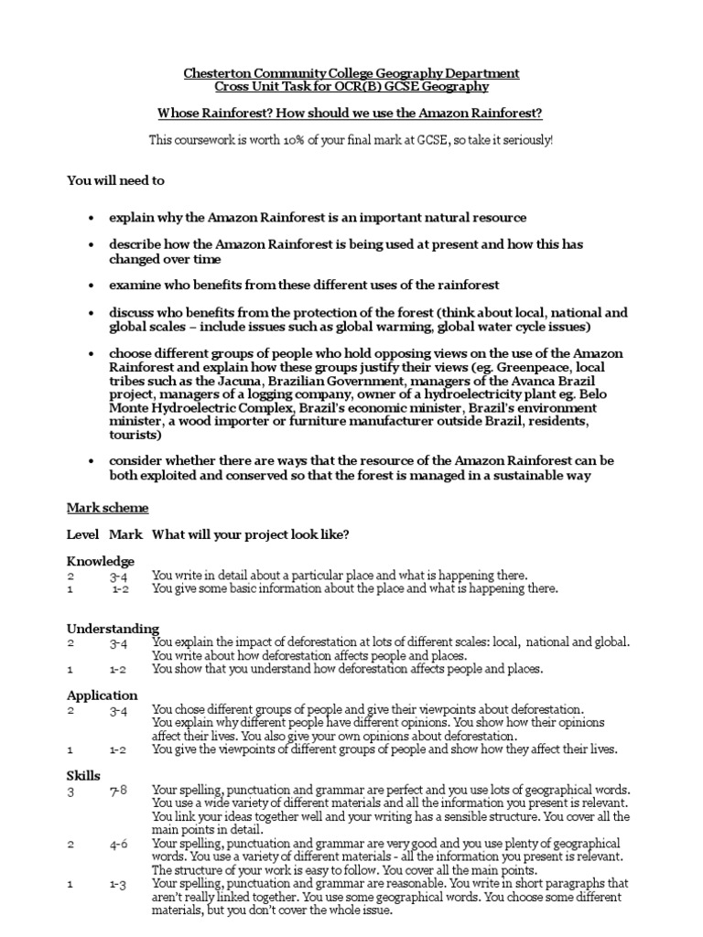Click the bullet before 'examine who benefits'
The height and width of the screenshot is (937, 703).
91,285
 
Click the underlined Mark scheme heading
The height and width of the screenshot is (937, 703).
107,507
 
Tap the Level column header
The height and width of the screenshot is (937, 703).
82,534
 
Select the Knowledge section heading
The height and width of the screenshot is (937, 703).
101,561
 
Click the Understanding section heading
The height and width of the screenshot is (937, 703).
113,629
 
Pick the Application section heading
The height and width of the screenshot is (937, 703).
103,695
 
